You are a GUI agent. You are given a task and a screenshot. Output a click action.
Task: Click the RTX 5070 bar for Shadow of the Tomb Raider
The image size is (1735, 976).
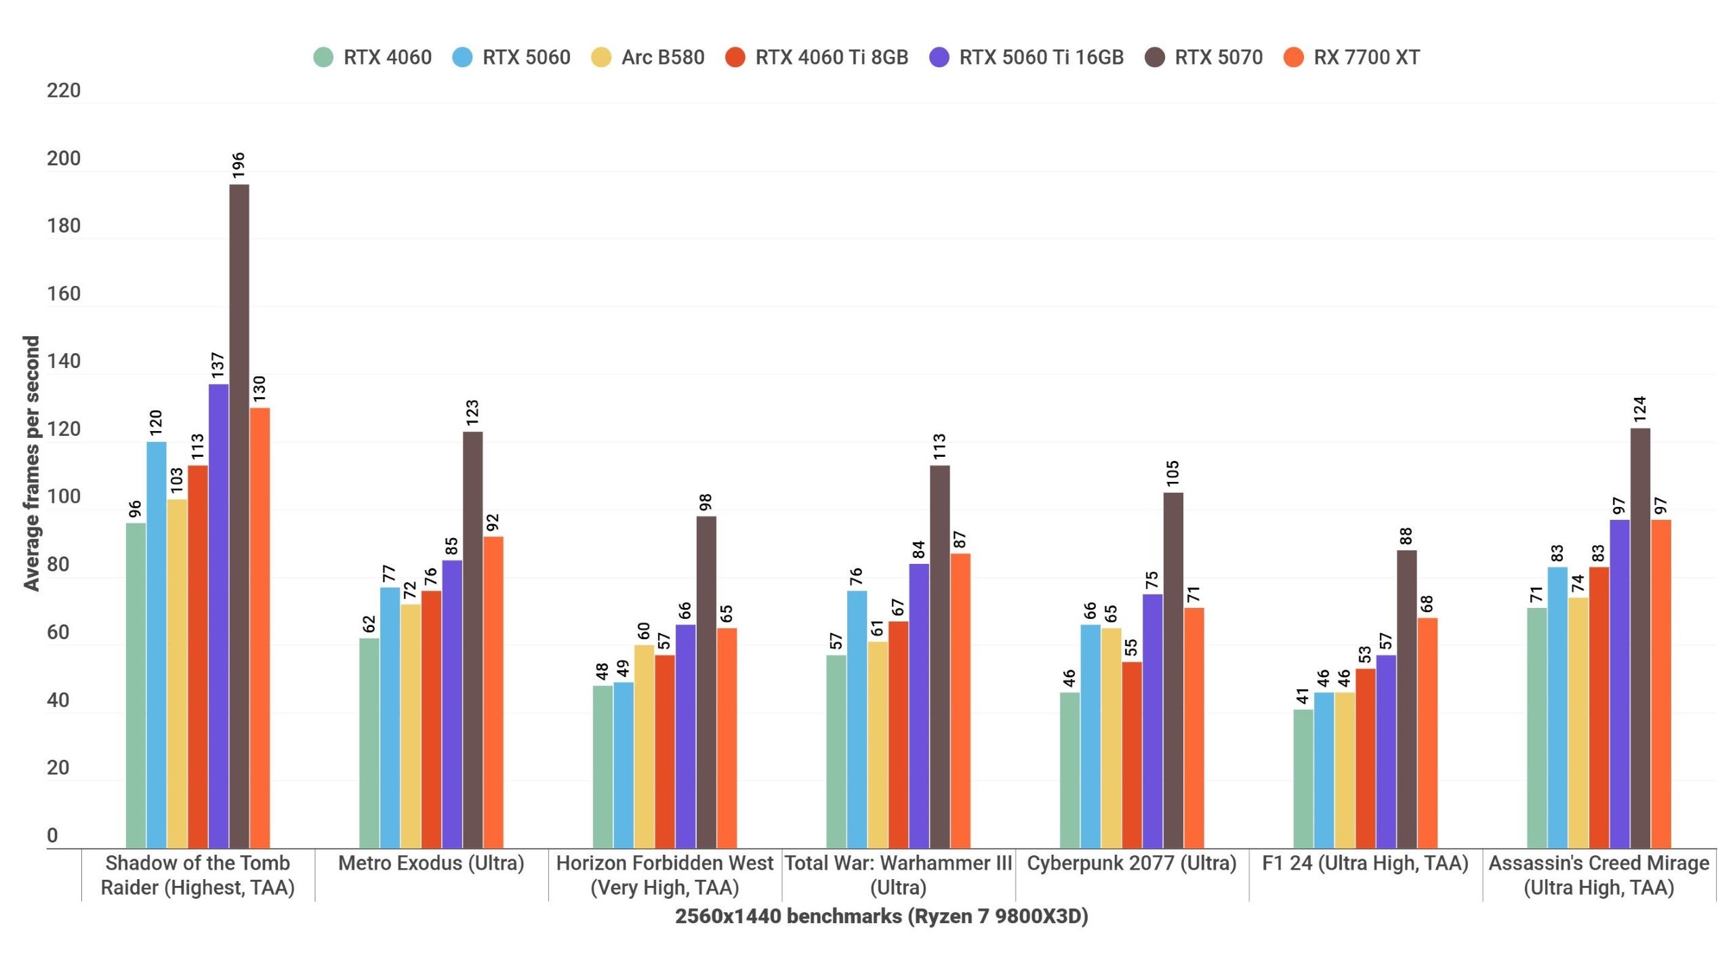tap(239, 515)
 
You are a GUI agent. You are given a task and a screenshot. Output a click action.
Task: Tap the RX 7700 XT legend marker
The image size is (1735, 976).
tap(1293, 58)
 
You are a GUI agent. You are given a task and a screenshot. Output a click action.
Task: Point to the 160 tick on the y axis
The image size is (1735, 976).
tap(64, 293)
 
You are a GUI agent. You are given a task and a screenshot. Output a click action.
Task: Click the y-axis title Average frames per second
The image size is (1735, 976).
tap(32, 464)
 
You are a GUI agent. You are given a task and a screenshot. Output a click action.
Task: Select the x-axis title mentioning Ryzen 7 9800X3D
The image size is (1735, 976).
tap(881, 916)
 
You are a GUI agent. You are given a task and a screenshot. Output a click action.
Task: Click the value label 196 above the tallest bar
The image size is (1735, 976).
tap(239, 165)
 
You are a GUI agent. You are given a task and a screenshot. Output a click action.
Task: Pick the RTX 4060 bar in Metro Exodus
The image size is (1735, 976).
tap(369, 742)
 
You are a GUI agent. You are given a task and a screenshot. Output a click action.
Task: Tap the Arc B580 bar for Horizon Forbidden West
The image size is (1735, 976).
tap(644, 746)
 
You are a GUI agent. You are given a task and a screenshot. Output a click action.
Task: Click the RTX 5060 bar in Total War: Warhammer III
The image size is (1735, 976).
tap(857, 718)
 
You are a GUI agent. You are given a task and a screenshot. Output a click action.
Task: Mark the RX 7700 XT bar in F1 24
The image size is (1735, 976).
tap(1427, 732)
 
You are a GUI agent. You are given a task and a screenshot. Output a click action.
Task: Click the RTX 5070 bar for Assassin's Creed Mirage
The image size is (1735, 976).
tap(1640, 637)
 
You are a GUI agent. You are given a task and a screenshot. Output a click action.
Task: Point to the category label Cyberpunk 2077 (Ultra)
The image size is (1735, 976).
tap(1131, 863)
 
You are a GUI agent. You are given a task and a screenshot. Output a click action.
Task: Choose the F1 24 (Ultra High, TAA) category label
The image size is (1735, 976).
tap(1365, 863)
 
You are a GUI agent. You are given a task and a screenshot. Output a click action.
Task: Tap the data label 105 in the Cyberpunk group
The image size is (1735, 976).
tap(1173, 473)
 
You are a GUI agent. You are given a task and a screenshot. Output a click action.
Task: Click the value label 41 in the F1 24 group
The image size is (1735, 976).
tap(1303, 696)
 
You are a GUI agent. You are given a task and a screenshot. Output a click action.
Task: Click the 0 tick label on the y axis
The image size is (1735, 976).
tap(52, 836)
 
